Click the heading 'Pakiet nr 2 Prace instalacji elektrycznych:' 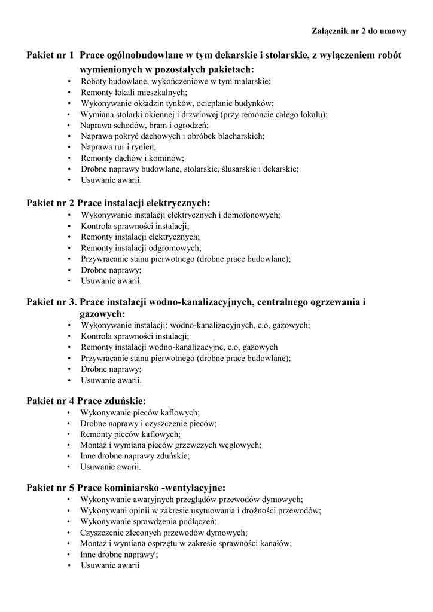click(118, 203)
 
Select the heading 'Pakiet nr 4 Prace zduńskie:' click(86, 400)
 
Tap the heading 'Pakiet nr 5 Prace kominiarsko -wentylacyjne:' click(126, 488)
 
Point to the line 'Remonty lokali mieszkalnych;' click(134, 93)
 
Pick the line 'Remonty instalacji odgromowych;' click(141, 248)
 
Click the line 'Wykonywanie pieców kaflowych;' click(140, 412)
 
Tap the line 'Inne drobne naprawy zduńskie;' click(135, 456)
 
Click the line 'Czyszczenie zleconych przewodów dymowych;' click(164, 532)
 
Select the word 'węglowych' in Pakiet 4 click(240, 445)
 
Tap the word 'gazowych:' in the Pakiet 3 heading click(102, 314)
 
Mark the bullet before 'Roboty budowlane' click(70, 82)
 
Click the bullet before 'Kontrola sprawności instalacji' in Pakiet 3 click(70, 336)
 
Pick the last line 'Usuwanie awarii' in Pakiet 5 click(110, 565)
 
